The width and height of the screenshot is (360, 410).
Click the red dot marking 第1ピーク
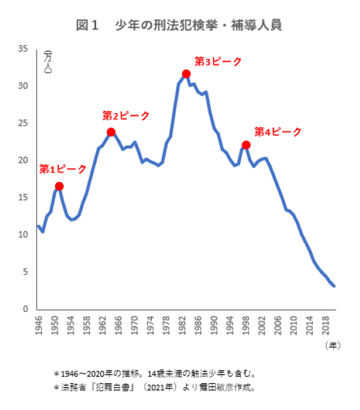[60, 186]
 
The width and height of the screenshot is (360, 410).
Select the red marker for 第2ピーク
[111, 132]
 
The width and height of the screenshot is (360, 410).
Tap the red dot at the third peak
[187, 74]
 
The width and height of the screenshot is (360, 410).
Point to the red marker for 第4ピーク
[246, 145]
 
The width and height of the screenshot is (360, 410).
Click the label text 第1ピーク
[63, 169]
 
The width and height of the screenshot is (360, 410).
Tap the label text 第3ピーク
[219, 62]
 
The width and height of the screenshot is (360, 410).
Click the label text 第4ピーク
[278, 132]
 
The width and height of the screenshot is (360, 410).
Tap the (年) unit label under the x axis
[333, 345]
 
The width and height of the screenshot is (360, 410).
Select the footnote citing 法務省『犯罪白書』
[154, 387]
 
